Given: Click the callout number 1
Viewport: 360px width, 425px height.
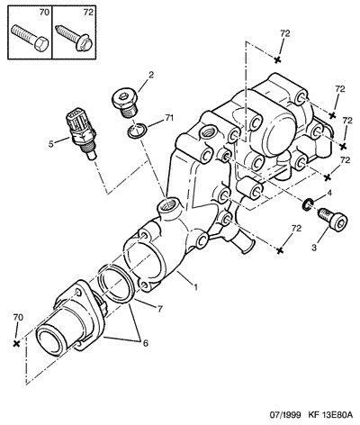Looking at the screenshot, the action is click(196, 287).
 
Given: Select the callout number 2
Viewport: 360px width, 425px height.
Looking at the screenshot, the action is click(151, 75).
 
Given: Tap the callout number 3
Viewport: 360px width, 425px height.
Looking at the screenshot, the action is click(314, 248).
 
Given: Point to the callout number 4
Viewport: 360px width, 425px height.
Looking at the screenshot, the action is click(329, 194).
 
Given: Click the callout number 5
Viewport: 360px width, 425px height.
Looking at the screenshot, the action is click(51, 144).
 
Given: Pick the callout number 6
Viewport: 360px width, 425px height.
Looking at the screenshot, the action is click(145, 343).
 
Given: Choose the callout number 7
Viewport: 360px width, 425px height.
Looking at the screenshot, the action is click(160, 309).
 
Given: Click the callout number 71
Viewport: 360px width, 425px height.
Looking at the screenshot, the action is click(169, 119).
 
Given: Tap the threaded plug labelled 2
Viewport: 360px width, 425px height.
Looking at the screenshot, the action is click(125, 103).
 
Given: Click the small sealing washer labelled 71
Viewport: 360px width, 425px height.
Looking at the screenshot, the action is click(137, 131).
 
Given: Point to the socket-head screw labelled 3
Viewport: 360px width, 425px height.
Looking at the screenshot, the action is click(332, 219).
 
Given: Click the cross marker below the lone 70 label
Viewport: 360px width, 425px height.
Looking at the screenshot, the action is click(17, 344).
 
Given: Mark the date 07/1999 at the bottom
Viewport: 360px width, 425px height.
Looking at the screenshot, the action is click(284, 415).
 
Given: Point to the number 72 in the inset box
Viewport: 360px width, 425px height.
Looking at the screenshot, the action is click(88, 12).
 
